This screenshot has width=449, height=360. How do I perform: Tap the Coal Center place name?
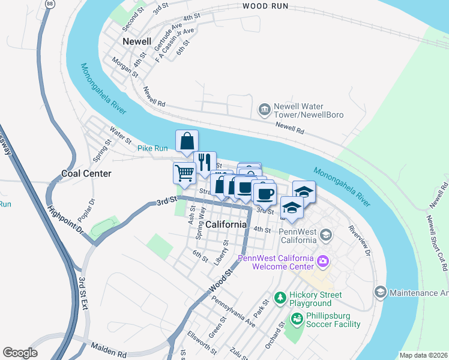(x=86, y=173)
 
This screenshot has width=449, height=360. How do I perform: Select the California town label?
(x=226, y=224)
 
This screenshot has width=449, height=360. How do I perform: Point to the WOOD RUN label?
(x=265, y=6)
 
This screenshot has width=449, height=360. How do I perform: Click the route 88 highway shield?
(x=49, y=4)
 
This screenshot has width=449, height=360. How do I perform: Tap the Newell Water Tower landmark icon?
(x=264, y=109)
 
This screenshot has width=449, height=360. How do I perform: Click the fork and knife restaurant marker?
(x=204, y=161)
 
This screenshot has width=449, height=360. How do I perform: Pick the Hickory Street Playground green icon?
(x=280, y=297)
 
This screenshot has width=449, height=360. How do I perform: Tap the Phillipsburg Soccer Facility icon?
(x=295, y=320)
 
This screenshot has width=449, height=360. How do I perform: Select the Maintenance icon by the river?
(x=379, y=292)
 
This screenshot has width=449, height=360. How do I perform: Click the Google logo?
(x=20, y=353)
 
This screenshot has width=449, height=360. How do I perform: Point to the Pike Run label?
(x=152, y=148)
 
